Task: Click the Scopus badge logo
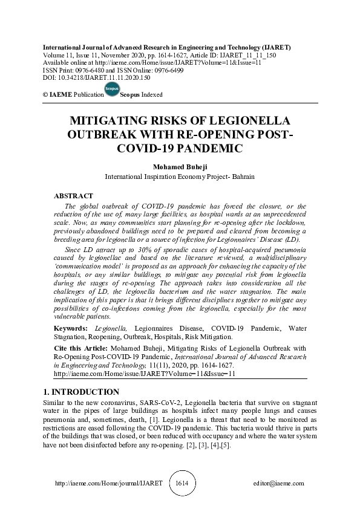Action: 111,89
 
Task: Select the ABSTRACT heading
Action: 74,196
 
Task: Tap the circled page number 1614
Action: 182,484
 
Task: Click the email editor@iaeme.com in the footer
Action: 278,484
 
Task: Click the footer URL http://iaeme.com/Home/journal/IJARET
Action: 100,484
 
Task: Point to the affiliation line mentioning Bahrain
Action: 180,177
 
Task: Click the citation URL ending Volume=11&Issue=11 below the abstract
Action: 145,374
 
